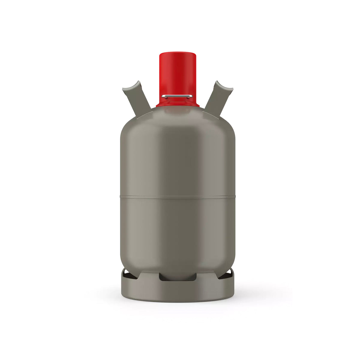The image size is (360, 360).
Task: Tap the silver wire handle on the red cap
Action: click(177, 96)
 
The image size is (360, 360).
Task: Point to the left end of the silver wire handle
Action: click(163, 96)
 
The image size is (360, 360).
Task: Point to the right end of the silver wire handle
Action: click(191, 96)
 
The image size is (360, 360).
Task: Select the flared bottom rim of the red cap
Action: click(178, 105)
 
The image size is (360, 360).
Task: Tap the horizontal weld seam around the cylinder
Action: click(178, 196)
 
